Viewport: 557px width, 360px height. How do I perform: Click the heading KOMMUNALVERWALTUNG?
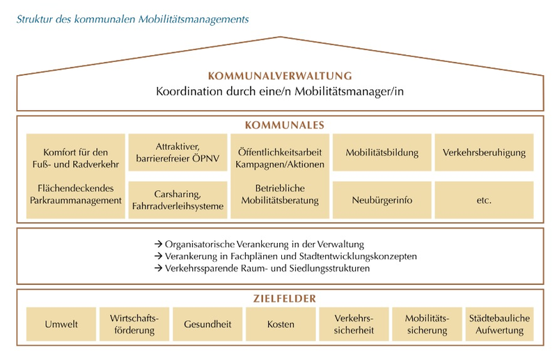coord(280,76)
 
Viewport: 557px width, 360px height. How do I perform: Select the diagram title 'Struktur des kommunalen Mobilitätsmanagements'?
coord(132,19)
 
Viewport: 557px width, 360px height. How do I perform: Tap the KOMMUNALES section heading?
coord(280,125)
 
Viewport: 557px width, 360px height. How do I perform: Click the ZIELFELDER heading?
coord(280,299)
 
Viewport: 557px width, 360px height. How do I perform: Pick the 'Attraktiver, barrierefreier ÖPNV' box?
coord(178,152)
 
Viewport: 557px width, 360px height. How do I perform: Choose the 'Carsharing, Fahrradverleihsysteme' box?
coord(178,200)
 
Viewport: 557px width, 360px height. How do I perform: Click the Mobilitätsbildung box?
coord(382,152)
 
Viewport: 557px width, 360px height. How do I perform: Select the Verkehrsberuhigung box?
coord(484,152)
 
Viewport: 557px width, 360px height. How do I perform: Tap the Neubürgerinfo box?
coord(382,200)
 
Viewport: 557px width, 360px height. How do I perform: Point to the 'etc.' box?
coord(484,200)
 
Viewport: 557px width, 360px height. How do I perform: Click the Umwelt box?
coord(61,324)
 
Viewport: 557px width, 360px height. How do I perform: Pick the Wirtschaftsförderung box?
coord(134,324)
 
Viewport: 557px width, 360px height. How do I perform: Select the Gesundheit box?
coord(207,324)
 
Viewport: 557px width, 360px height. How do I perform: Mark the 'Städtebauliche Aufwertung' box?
coord(499,324)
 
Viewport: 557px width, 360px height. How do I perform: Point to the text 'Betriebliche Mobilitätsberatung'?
coord(280,194)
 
